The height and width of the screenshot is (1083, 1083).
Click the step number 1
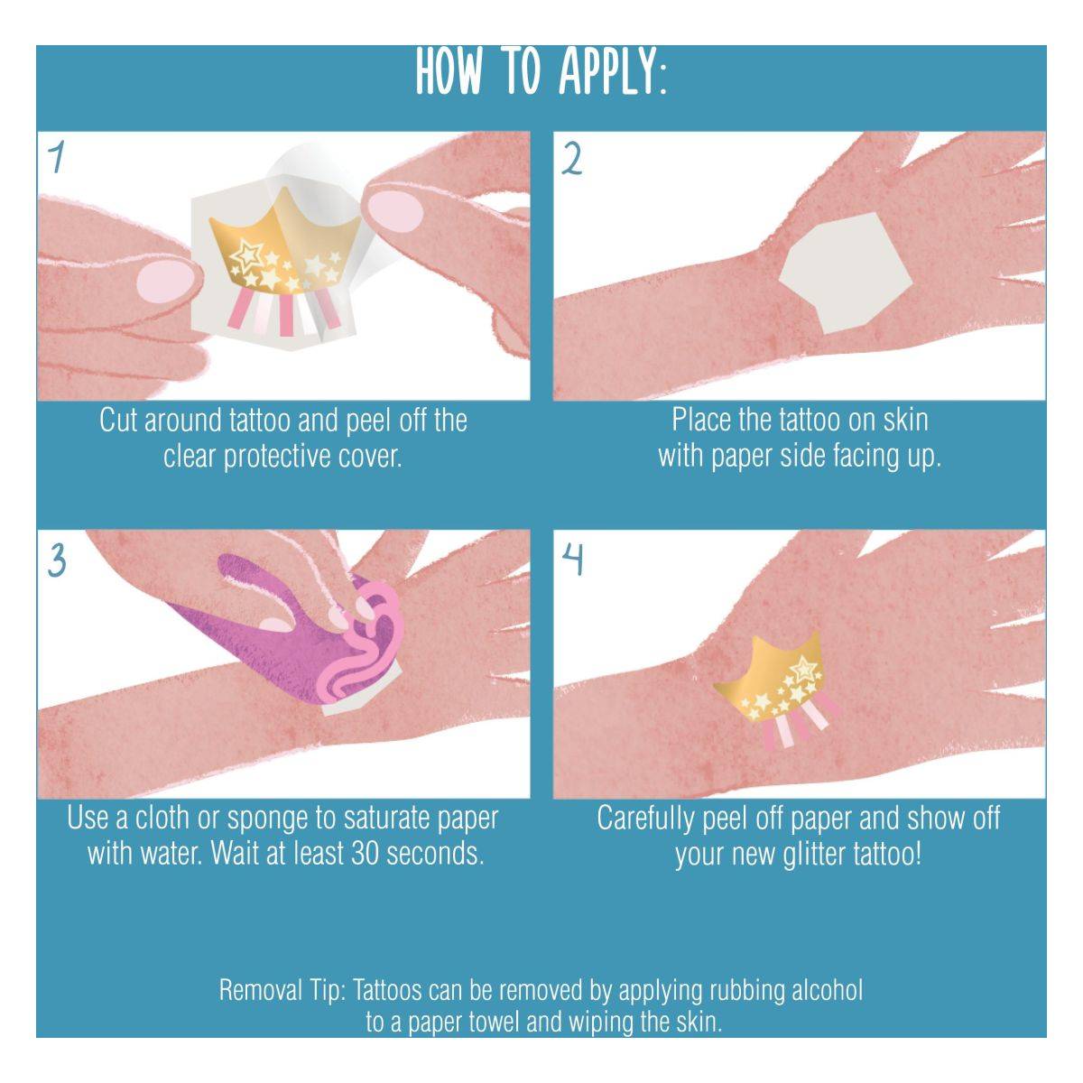click(55, 157)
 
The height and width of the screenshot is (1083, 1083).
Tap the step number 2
click(571, 160)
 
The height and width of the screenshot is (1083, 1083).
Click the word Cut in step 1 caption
click(118, 421)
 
